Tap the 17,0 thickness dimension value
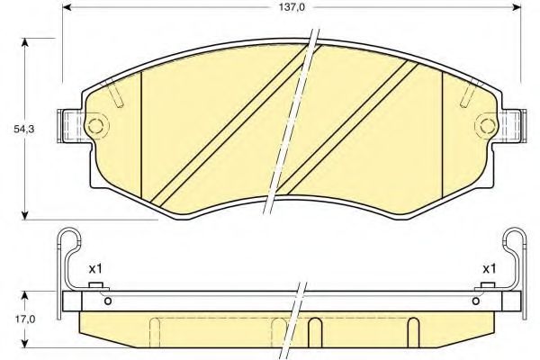(13, 319)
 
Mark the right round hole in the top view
(487, 123)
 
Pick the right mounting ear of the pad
(513, 124)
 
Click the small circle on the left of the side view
(109, 301)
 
